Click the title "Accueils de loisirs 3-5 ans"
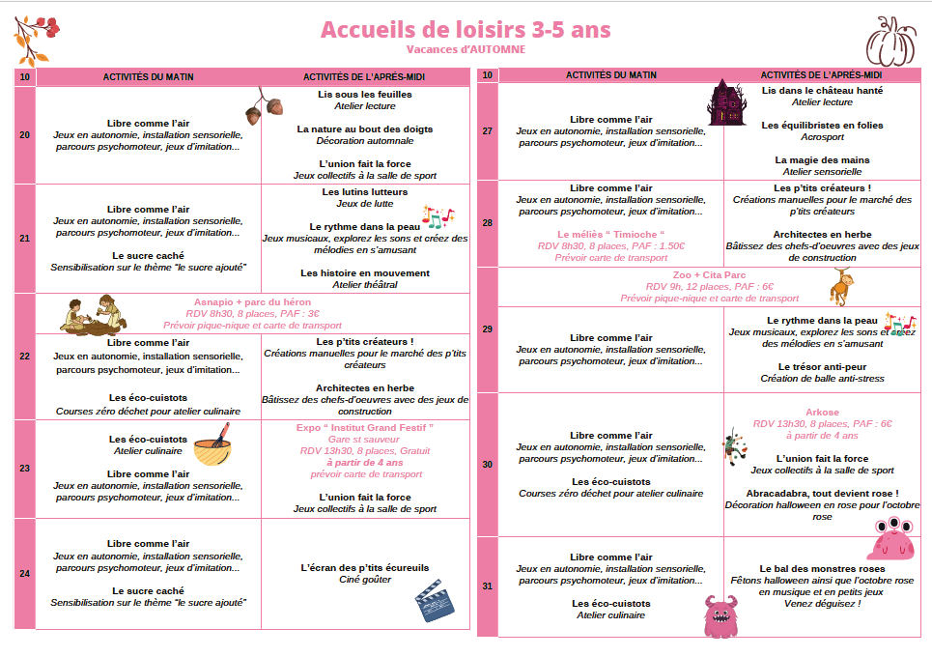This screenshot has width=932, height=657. (466, 30)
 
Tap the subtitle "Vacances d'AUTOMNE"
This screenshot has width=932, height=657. (466, 49)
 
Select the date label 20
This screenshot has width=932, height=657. (24, 135)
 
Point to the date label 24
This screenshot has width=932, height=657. (24, 574)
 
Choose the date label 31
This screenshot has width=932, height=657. (487, 586)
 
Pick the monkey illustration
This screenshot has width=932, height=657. (839, 286)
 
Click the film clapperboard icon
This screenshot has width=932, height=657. (434, 602)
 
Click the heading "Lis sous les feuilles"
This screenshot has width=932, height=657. (365, 95)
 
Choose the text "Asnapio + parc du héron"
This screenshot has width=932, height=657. (253, 302)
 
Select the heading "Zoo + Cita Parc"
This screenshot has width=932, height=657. (710, 275)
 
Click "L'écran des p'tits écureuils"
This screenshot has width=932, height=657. (365, 568)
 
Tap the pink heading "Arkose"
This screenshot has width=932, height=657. (822, 413)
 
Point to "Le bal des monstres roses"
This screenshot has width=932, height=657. (822, 569)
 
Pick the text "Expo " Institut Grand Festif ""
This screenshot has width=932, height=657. (365, 427)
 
